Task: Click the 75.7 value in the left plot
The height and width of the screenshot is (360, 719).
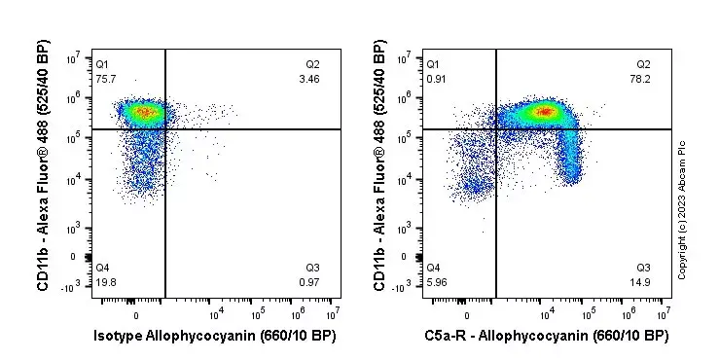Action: click(x=104, y=78)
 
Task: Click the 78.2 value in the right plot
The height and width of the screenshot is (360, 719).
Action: click(x=641, y=78)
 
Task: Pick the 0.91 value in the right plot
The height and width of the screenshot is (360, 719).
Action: click(x=436, y=78)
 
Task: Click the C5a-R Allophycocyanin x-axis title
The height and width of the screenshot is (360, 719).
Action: click(x=546, y=336)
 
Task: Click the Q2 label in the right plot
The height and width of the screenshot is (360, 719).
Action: click(x=643, y=64)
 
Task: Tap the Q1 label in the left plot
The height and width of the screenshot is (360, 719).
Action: click(x=102, y=64)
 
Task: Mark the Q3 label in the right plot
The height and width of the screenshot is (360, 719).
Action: click(x=643, y=268)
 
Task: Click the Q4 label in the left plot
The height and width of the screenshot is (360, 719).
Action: click(x=102, y=268)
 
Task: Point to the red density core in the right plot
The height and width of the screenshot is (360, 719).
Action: click(x=545, y=112)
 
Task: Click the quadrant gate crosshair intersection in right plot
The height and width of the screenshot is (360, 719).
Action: click(x=496, y=128)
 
